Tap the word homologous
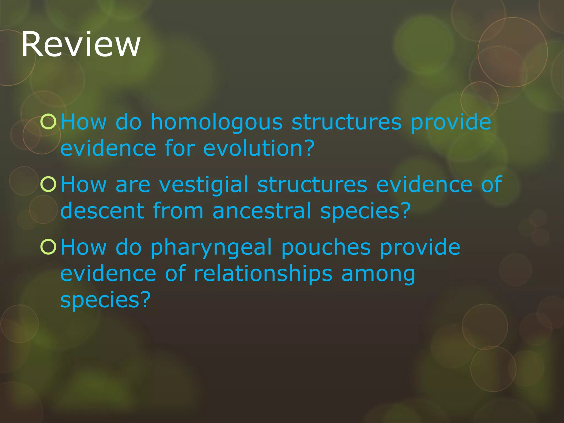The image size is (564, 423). click(x=216, y=122)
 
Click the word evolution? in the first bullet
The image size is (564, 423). click(x=259, y=148)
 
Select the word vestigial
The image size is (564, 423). click(x=204, y=185)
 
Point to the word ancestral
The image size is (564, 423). click(x=262, y=211)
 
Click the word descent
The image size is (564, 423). click(x=102, y=211)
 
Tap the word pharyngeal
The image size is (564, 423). click(x=211, y=247)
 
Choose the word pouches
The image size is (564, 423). click(x=326, y=247)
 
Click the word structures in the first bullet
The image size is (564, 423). click(x=346, y=122)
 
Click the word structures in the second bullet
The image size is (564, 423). click(x=312, y=185)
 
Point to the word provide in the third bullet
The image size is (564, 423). click(x=420, y=247)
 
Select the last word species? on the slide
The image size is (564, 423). click(x=105, y=300)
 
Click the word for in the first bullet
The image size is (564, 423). click(x=180, y=148)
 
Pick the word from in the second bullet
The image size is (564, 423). click(x=178, y=211)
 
